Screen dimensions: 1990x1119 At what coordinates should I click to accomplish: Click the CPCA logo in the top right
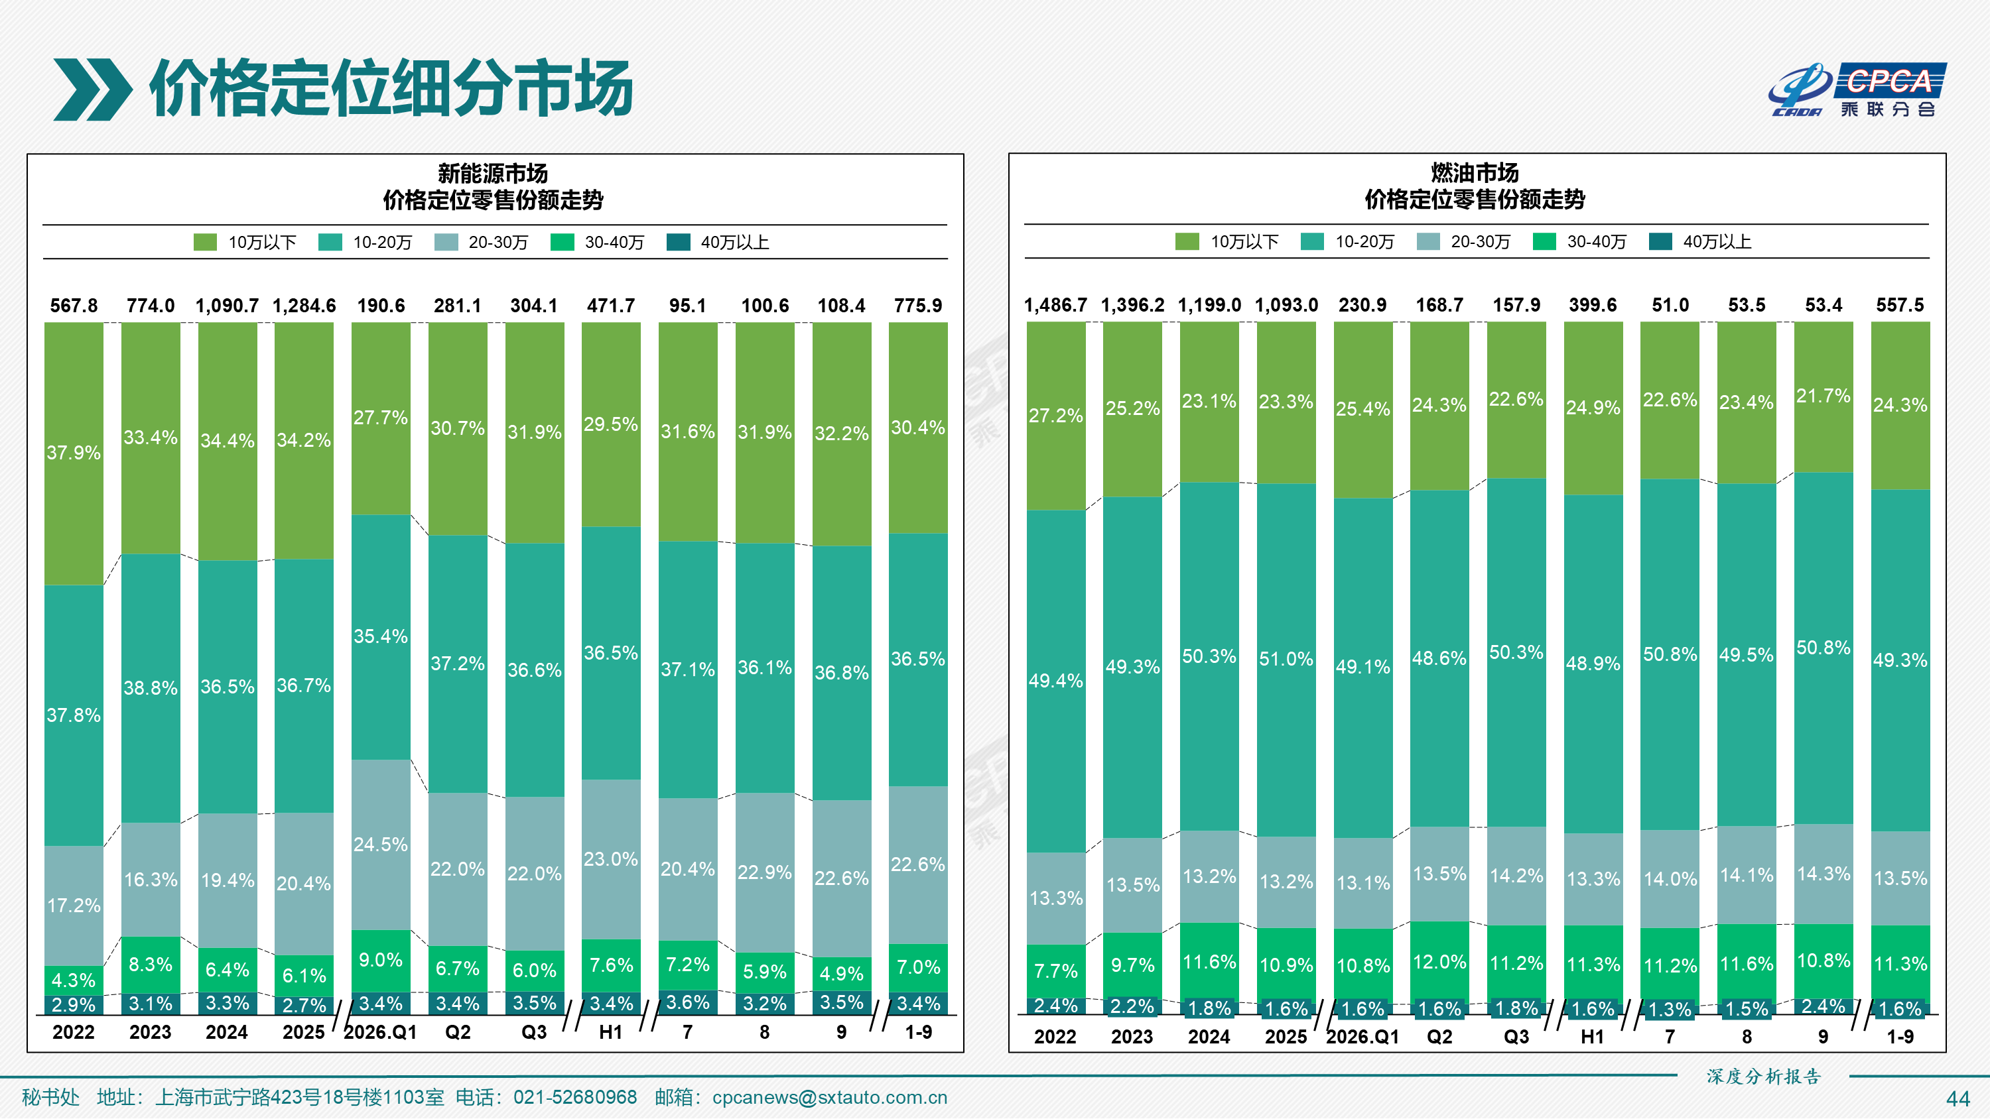click(x=1857, y=89)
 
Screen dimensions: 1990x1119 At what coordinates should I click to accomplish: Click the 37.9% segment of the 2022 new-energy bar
click(x=74, y=453)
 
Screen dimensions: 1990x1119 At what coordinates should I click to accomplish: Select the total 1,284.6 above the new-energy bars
click(x=304, y=306)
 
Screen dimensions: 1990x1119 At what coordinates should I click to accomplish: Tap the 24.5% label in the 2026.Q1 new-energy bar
click(x=380, y=844)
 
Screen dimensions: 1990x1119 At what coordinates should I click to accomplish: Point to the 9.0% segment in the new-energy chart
click(x=381, y=961)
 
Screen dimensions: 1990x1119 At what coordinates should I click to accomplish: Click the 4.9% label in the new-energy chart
click(x=841, y=973)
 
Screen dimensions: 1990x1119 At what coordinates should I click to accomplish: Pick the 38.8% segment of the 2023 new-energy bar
click(x=151, y=688)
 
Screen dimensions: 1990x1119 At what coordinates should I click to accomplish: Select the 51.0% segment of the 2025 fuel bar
click(x=1286, y=660)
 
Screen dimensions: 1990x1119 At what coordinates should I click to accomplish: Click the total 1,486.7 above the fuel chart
click(x=1055, y=305)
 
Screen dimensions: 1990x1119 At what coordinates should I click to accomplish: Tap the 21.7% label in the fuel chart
click(x=1823, y=396)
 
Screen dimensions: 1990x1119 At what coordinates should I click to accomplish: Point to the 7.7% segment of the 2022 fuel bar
click(x=1056, y=971)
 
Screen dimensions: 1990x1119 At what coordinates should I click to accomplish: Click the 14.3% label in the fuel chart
click(x=1823, y=874)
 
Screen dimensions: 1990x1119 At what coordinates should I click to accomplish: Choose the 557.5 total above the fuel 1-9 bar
click(x=1900, y=305)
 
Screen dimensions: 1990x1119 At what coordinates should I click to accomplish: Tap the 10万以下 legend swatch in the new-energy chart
click(x=205, y=243)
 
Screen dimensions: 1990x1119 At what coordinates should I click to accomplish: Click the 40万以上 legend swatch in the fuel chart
click(x=1660, y=242)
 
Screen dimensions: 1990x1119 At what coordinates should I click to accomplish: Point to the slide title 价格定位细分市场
click(x=391, y=88)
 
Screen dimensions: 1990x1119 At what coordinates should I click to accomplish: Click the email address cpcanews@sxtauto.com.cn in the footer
click(x=830, y=1097)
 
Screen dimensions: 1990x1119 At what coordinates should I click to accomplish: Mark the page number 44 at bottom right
click(x=1958, y=1099)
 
